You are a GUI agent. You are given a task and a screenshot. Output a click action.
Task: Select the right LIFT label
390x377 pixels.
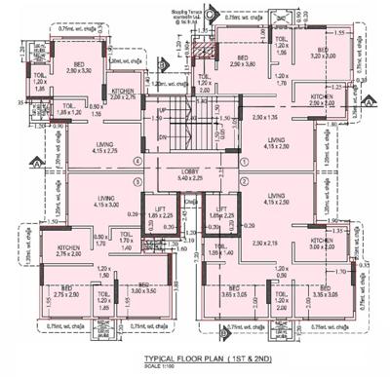click(x=222, y=211)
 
